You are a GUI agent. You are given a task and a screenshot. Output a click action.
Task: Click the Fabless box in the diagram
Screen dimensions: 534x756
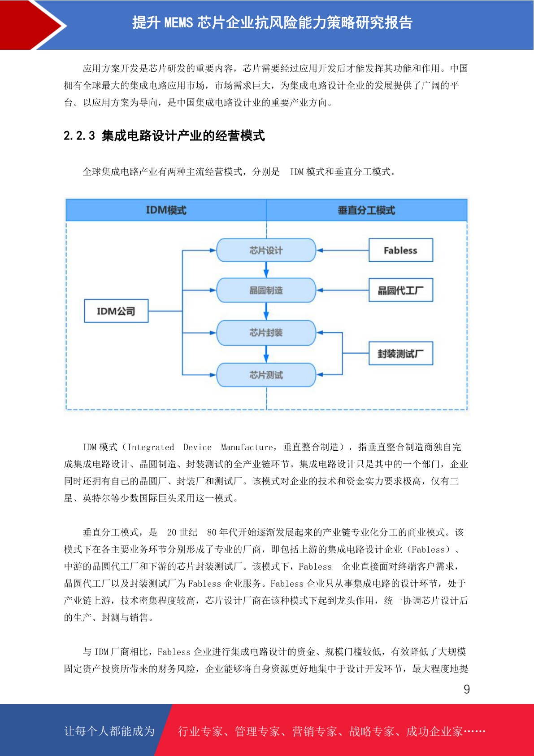point(400,250)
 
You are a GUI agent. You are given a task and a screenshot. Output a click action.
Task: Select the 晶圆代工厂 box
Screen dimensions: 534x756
point(400,290)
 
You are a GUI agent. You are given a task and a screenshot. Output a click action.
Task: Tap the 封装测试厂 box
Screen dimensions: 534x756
point(400,353)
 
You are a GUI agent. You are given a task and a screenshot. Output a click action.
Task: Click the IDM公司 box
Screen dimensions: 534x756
point(116,311)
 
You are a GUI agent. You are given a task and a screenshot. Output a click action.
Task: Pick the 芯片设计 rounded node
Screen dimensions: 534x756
point(266,250)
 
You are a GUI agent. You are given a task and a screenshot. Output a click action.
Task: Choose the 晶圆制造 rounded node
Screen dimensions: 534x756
point(266,290)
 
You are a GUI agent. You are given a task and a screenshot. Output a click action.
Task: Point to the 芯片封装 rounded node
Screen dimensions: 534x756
point(266,333)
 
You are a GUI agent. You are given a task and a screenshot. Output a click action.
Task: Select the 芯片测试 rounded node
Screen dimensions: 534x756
point(266,374)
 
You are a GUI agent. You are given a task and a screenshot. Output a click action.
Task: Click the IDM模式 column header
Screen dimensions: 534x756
point(166,210)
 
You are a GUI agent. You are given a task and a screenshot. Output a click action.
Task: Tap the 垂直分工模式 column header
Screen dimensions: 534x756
point(367,210)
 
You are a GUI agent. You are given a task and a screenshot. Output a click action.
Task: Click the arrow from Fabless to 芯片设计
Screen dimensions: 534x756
point(343,251)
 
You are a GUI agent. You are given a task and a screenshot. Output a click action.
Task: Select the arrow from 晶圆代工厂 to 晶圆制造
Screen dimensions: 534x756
point(343,290)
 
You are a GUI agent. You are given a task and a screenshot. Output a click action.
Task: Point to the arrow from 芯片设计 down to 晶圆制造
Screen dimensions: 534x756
point(266,270)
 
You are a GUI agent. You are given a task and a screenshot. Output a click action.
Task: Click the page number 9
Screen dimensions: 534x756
point(467,689)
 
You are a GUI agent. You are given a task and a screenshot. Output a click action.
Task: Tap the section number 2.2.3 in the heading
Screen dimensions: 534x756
point(79,136)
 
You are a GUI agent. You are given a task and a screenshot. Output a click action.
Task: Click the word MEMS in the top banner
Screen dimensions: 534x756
point(178,23)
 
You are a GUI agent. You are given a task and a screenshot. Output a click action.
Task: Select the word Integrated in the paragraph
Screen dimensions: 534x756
point(151,447)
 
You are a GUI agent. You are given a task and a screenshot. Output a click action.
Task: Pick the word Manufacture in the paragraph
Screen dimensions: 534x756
point(247,447)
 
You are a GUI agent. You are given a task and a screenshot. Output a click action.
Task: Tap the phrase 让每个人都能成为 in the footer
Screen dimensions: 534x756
point(109,731)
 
